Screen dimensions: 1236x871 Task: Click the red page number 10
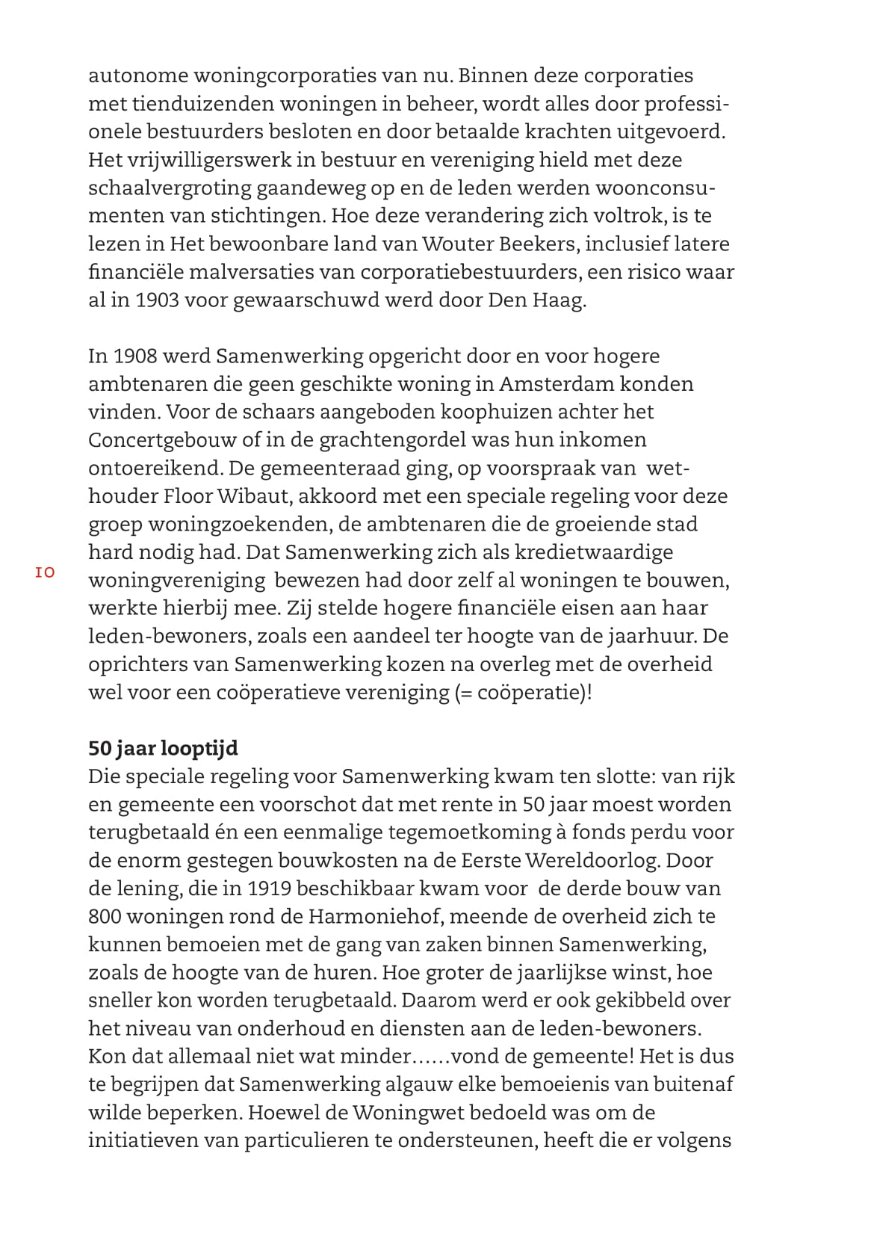click(45, 573)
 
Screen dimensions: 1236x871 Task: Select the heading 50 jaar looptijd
click(163, 748)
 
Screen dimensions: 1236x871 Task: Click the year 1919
click(274, 888)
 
